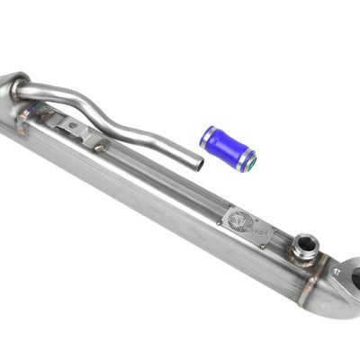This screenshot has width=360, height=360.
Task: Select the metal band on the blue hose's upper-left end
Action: [207, 137]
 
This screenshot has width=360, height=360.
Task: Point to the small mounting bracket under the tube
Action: [79, 131]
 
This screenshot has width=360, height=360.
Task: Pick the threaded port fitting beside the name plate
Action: [305, 247]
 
